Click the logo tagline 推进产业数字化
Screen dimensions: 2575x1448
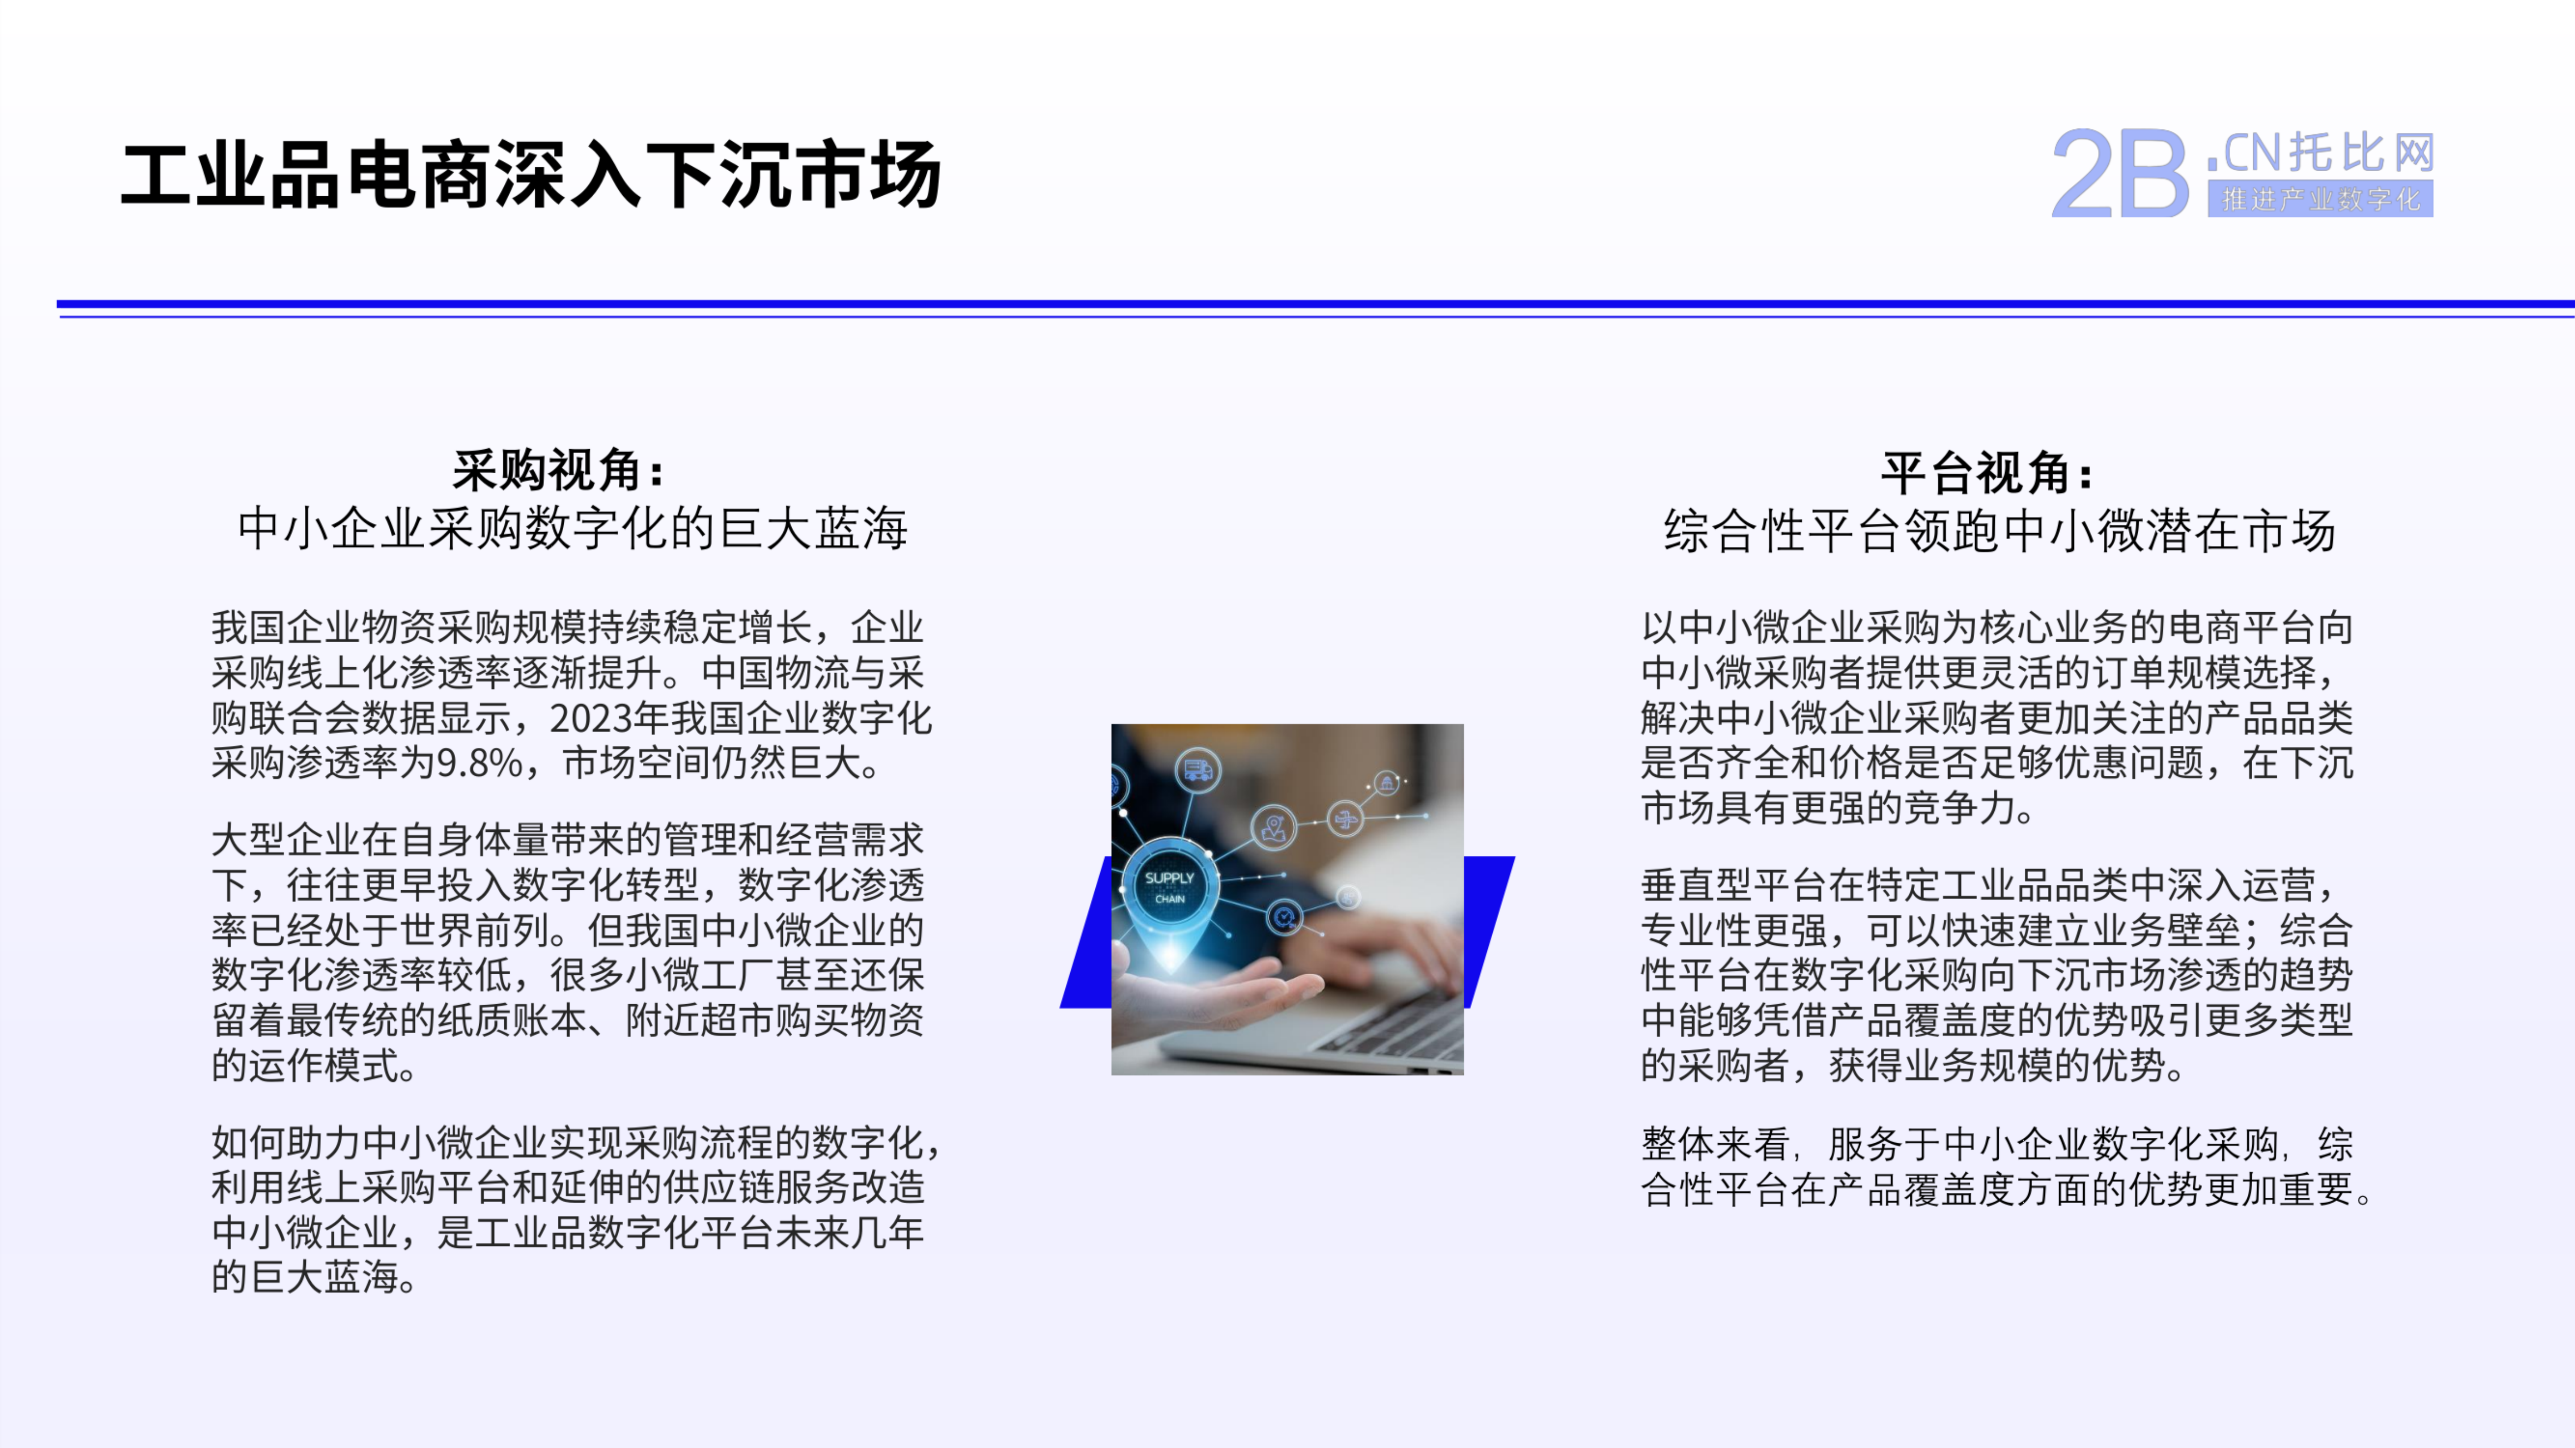pyautogui.click(x=2320, y=200)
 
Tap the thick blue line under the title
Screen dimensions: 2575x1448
pyautogui.click(x=1316, y=304)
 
